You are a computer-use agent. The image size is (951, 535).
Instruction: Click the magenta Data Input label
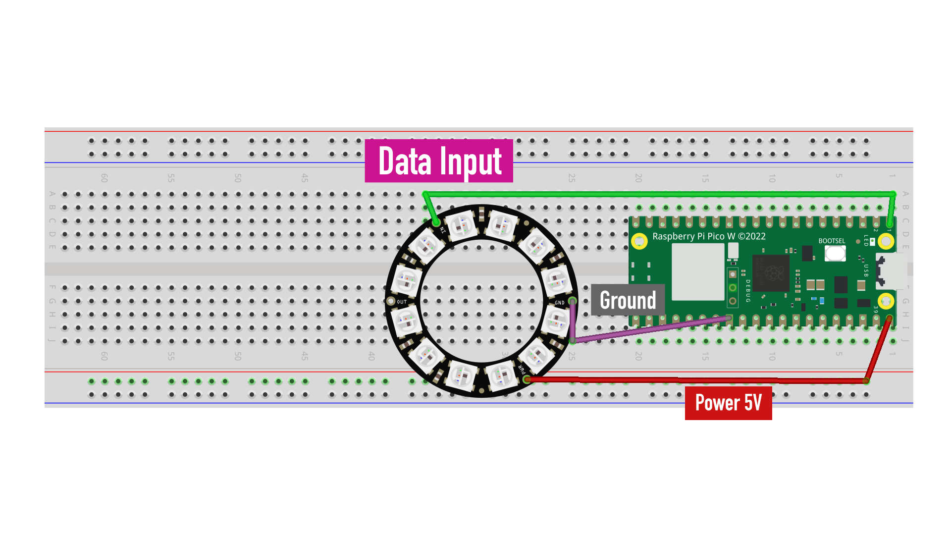439,161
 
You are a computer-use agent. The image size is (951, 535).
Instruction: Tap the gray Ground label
628,300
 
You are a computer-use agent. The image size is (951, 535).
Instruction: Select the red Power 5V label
728,403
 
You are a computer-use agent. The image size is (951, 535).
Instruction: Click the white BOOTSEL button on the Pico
835,253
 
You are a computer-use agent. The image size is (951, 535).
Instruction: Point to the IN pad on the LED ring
436,223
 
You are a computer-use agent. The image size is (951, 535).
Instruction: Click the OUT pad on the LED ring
391,301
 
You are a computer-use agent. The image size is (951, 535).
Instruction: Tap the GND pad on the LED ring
572,301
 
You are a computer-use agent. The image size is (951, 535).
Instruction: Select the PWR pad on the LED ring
526,379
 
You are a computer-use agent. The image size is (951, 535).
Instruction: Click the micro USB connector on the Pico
891,271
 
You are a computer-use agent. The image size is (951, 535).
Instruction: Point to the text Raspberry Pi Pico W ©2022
709,236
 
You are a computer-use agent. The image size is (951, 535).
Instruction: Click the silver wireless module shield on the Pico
697,271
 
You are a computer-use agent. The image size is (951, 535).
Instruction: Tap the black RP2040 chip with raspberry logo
770,273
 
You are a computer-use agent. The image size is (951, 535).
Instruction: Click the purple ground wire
649,329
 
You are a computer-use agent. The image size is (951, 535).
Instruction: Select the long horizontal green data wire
659,194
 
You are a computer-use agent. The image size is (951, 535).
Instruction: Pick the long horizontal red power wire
693,380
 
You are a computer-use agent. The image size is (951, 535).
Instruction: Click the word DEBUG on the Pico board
748,291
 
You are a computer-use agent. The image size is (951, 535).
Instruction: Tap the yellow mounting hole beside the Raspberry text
639,241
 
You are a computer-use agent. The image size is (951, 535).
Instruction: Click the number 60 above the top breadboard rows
104,178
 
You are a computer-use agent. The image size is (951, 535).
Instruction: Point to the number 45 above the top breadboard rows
305,178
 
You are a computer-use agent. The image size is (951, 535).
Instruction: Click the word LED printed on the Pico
866,241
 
